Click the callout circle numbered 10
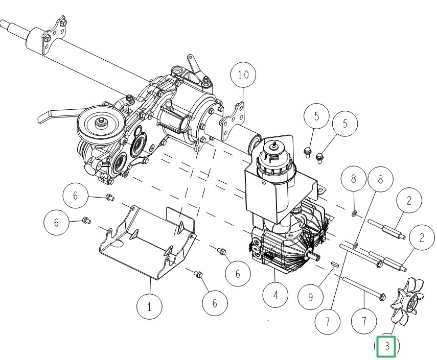pyautogui.click(x=243, y=75)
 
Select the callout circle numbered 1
pyautogui.click(x=149, y=307)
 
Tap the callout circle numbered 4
pyautogui.click(x=275, y=295)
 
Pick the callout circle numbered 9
pyautogui.click(x=310, y=297)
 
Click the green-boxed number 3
pyautogui.click(x=386, y=346)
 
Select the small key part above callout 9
pyautogui.click(x=335, y=263)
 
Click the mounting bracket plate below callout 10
pyautogui.click(x=233, y=121)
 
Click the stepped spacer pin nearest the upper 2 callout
pyautogui.click(x=386, y=229)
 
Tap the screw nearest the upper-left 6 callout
pyautogui.click(x=110, y=198)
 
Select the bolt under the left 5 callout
pyautogui.click(x=307, y=153)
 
